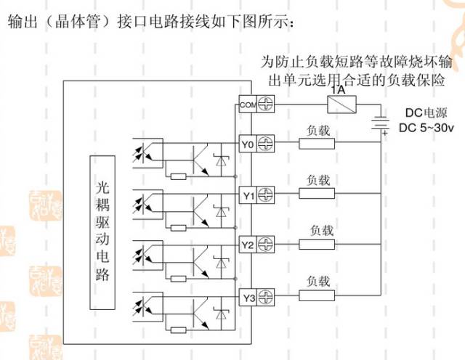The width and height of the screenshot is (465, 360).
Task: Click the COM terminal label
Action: pos(248,105)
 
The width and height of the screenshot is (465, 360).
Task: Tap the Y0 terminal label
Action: pos(248,144)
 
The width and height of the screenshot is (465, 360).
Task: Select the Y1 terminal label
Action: pos(248,195)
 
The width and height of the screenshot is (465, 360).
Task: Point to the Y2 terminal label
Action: pos(248,245)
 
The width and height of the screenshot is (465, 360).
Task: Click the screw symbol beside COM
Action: pos(267,105)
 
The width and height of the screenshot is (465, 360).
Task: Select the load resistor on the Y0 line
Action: pos(318,144)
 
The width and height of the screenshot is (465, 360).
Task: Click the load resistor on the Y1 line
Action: pos(318,194)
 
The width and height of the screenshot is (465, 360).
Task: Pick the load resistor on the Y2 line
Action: pos(318,245)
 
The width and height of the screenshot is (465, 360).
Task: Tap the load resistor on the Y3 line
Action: pos(318,295)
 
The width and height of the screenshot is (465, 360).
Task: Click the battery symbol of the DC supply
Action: pos(379,124)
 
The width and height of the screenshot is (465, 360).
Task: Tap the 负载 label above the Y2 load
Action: pos(320,231)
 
